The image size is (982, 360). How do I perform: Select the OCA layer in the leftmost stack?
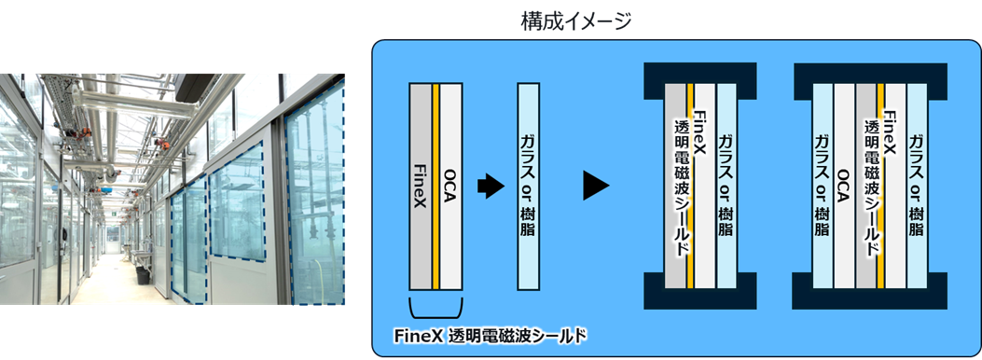[x=451, y=187]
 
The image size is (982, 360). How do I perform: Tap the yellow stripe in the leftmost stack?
[x=436, y=187]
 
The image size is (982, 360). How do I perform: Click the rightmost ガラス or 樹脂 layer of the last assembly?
[x=916, y=187]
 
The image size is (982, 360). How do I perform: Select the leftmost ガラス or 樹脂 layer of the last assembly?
[x=823, y=187]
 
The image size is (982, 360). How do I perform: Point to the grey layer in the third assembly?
[x=673, y=187]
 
